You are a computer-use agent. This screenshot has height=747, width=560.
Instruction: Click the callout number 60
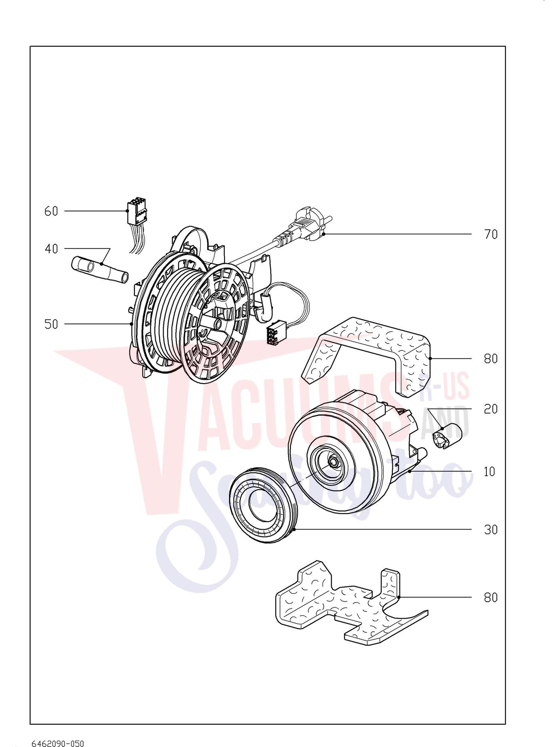51,211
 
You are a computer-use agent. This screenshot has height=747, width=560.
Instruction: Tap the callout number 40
51,249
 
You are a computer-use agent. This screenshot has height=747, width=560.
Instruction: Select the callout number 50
51,324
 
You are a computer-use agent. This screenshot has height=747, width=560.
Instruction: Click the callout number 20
491,409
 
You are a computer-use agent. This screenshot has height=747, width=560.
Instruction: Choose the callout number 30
491,530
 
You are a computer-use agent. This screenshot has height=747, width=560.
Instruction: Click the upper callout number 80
491,359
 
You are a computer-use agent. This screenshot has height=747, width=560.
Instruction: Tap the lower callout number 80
491,597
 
